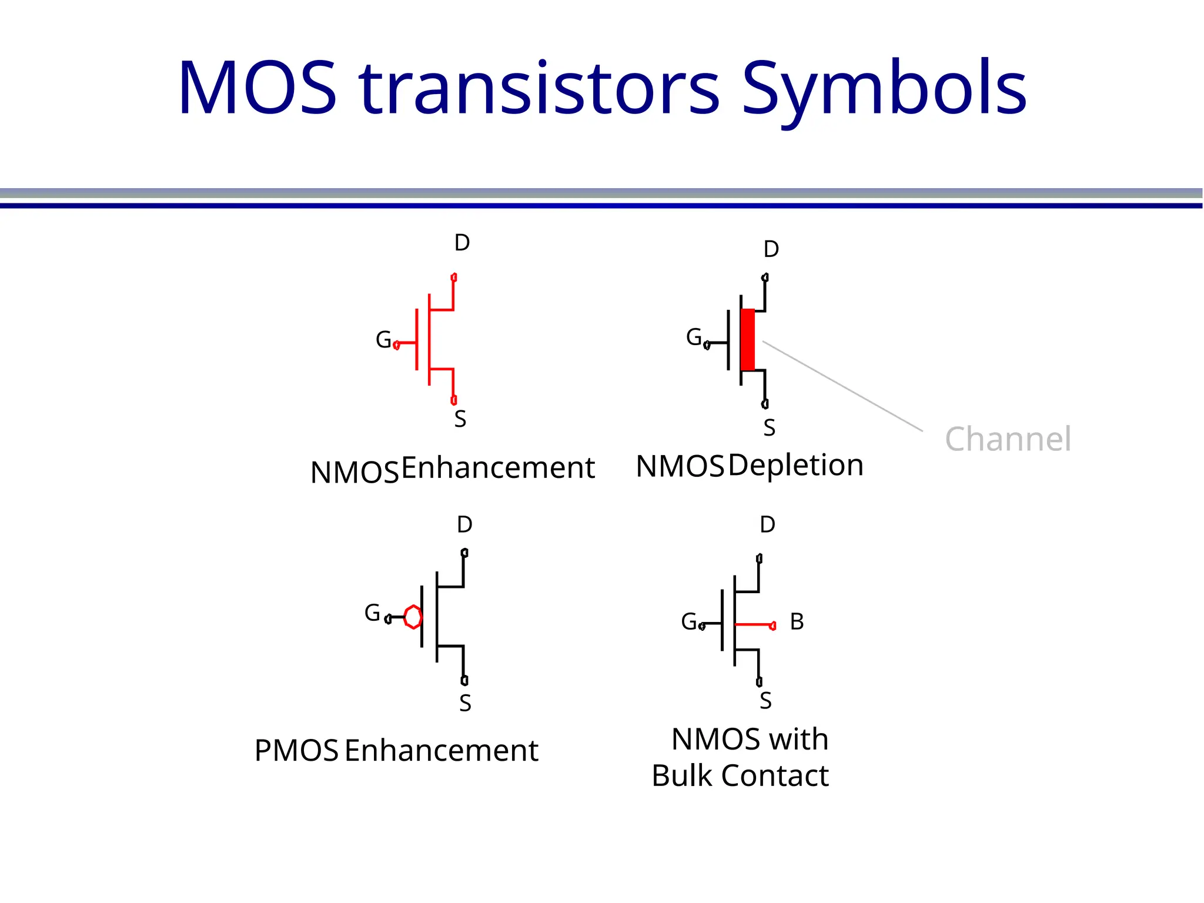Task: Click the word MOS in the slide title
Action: click(x=257, y=88)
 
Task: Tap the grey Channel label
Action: click(x=1008, y=439)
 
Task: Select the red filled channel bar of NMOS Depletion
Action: click(x=747, y=339)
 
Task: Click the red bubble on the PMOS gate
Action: click(x=413, y=617)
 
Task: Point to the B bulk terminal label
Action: click(x=797, y=622)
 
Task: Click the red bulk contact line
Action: click(x=754, y=624)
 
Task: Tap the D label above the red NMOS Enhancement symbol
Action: click(x=462, y=243)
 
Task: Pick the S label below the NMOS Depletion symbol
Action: click(x=769, y=428)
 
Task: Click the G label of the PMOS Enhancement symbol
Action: click(x=372, y=613)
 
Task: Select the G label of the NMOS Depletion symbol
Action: click(x=694, y=337)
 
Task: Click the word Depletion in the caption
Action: click(x=796, y=465)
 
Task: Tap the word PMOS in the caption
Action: click(x=296, y=751)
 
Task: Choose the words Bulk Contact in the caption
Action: click(x=740, y=775)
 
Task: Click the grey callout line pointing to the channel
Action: click(x=842, y=386)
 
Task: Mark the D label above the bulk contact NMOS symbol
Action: click(x=767, y=524)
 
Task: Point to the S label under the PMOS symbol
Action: click(x=465, y=703)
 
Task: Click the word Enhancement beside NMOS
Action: click(x=498, y=468)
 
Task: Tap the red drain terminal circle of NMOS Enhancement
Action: click(x=454, y=277)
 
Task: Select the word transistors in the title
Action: click(x=540, y=89)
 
